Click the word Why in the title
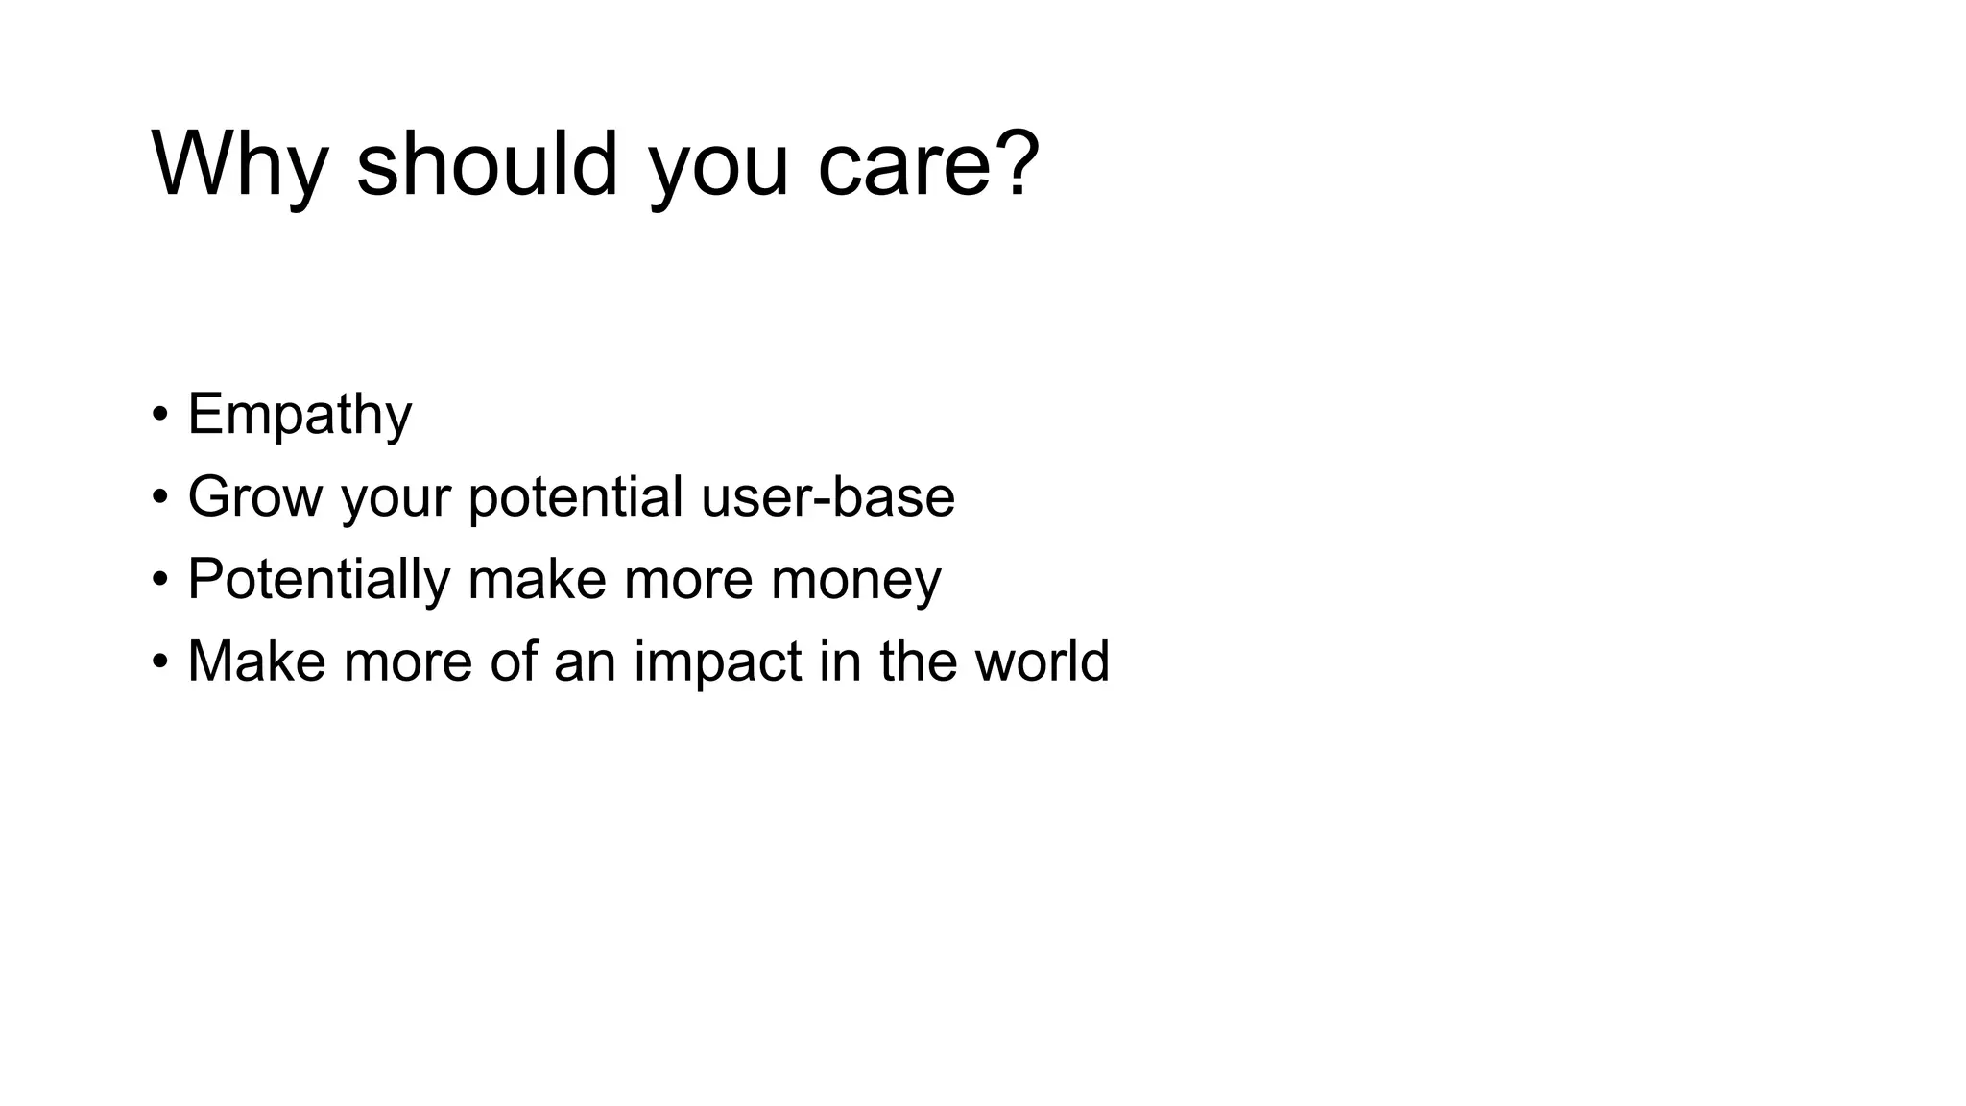pyautogui.click(x=240, y=165)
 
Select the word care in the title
pyautogui.click(x=904, y=165)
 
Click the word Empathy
pyautogui.click(x=300, y=415)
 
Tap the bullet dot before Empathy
pyautogui.click(x=159, y=415)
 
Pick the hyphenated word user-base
pyautogui.click(x=827, y=497)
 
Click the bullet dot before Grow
pyautogui.click(x=159, y=497)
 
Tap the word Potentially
pyautogui.click(x=319, y=580)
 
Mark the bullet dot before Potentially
pyautogui.click(x=159, y=580)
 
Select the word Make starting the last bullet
pyautogui.click(x=256, y=661)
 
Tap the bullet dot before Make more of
pyautogui.click(x=159, y=662)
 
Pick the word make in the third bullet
pyautogui.click(x=537, y=580)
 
